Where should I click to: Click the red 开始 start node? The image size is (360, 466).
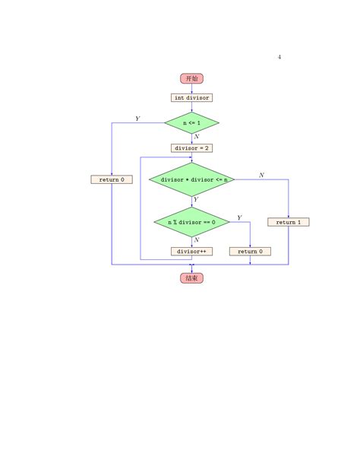click(x=191, y=78)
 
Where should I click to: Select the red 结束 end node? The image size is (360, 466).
click(x=191, y=278)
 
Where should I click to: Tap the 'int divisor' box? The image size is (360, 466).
click(x=191, y=98)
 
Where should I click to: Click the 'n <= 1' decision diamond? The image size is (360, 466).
click(x=191, y=122)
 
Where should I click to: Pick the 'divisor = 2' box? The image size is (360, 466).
click(x=191, y=148)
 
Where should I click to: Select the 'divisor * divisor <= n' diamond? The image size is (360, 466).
click(x=191, y=179)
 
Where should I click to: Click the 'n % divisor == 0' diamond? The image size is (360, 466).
click(x=191, y=222)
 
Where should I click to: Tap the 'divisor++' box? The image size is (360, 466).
click(x=191, y=252)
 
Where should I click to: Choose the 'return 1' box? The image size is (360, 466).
click(x=289, y=222)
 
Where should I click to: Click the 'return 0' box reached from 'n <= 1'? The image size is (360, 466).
click(x=112, y=179)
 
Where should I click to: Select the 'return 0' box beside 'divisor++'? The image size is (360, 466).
click(x=250, y=252)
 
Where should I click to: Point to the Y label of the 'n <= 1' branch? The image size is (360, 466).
click(x=137, y=119)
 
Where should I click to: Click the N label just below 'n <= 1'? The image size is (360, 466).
click(x=197, y=136)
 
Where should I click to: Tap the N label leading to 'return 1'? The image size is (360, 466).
click(x=261, y=175)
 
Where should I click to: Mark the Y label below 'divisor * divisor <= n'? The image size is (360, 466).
click(x=196, y=199)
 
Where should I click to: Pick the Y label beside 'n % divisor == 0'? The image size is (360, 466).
click(x=239, y=217)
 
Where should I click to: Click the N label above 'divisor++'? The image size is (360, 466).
click(x=197, y=239)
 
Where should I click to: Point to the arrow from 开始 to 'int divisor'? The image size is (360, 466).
click(x=191, y=89)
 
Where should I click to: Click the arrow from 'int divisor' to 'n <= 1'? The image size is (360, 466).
click(x=191, y=107)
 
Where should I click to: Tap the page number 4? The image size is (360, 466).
click(x=279, y=57)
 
